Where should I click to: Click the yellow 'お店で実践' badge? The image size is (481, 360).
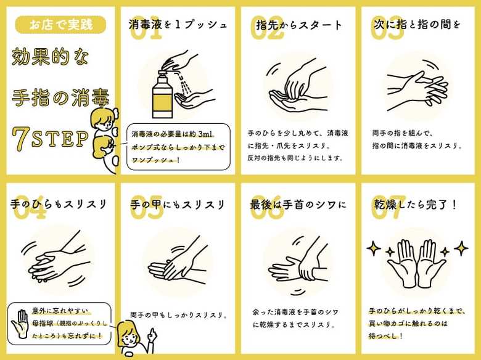[x=60, y=25]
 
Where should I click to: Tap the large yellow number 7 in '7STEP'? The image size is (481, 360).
[x=21, y=139]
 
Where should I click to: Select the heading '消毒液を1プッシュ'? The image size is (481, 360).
[x=178, y=25]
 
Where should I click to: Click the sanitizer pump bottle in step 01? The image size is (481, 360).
[x=162, y=95]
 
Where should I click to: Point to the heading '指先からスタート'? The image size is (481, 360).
[x=299, y=25]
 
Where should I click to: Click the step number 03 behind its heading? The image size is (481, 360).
[x=387, y=28]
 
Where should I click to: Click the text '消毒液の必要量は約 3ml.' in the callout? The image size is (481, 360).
[x=173, y=134]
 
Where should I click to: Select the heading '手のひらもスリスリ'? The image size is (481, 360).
[x=59, y=204]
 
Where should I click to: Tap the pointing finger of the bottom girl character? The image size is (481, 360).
[x=152, y=336]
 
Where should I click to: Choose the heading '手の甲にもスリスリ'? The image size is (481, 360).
[x=178, y=205]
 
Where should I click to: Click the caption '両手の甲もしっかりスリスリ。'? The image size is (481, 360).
[x=179, y=315]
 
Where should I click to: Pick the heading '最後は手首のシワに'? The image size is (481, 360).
[x=298, y=205]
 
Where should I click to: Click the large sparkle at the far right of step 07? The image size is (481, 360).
[x=461, y=248]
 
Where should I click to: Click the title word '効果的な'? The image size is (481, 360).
[x=50, y=57]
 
